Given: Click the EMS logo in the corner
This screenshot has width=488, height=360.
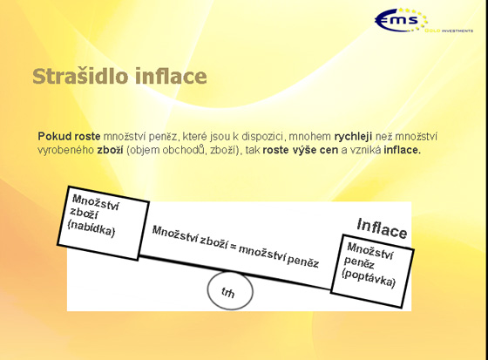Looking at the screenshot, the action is (402, 20).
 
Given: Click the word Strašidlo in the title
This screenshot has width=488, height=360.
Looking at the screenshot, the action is (80, 77).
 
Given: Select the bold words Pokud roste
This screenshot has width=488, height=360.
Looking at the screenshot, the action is (69, 136).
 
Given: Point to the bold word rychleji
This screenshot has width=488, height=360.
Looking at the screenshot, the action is (353, 137).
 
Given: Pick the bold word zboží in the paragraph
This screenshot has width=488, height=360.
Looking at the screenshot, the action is (110, 150).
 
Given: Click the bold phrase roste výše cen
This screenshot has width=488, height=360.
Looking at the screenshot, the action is (301, 150).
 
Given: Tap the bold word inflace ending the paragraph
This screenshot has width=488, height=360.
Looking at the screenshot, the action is (402, 150).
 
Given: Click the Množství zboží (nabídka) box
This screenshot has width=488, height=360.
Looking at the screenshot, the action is (104, 223).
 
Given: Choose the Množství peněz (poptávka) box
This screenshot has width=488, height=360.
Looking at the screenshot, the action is (372, 271).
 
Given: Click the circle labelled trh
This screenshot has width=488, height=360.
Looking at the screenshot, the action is (230, 290).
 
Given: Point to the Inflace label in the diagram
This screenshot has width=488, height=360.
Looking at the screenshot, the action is (382, 229).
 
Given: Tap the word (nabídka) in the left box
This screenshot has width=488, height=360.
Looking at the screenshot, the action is (91, 229).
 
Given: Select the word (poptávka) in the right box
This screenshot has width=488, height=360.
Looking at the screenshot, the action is (369, 278).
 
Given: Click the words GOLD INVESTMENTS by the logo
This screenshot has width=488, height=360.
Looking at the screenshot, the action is (449, 31).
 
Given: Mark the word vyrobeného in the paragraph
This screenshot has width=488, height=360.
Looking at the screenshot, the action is (65, 150).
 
